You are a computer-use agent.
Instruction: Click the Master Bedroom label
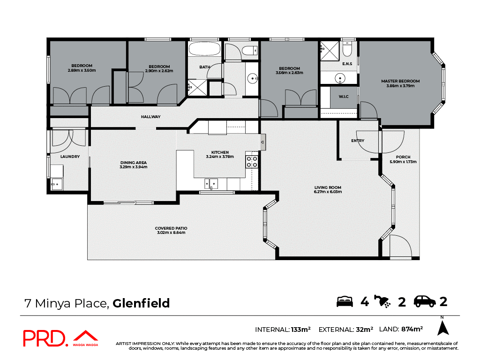(400, 81)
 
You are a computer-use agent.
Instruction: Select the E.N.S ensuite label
(347, 64)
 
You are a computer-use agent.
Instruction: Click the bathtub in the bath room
(204, 49)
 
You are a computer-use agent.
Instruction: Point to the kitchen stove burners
(252, 162)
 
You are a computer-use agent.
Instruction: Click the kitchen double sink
(210, 183)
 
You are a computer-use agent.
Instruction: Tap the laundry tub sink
(57, 184)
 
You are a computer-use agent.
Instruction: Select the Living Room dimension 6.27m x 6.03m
(328, 192)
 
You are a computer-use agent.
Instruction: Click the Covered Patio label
(171, 228)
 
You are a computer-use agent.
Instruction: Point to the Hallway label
(151, 117)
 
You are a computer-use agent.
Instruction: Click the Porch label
(403, 157)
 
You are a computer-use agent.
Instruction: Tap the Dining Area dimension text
(134, 167)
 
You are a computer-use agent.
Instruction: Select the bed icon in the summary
(345, 301)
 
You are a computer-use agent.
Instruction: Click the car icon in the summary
(425, 301)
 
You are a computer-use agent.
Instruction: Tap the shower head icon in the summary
(383, 301)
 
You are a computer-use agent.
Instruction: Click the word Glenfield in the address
(141, 303)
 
